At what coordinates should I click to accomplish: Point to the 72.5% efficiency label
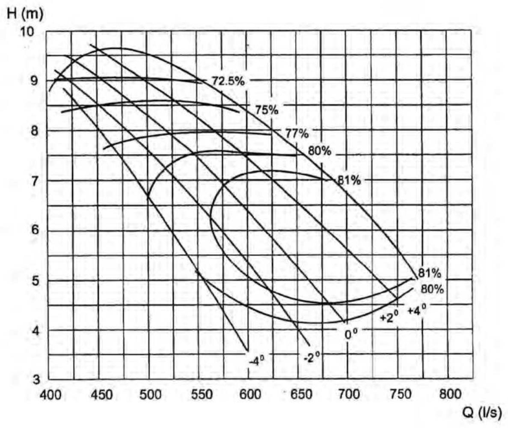pos(228,80)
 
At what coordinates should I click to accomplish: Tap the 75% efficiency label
pos(267,110)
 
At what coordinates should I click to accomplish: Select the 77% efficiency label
pos(297,134)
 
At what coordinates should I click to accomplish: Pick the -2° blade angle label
pos(311,357)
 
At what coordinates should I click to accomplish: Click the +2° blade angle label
pos(389,317)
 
